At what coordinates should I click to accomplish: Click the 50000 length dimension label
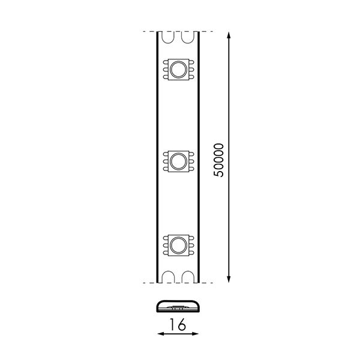(x=218, y=160)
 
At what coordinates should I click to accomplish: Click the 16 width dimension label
(x=178, y=325)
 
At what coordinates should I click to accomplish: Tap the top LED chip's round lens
(x=178, y=69)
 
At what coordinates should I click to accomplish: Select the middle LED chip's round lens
(x=178, y=161)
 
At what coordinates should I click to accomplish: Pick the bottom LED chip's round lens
(x=178, y=245)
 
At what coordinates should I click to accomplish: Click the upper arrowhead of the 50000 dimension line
(x=229, y=36)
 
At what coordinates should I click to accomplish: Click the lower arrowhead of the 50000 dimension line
(x=229, y=278)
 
